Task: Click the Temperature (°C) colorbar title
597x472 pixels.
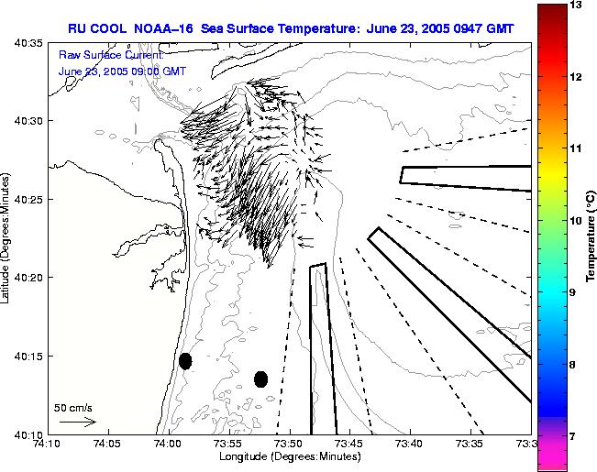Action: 591,235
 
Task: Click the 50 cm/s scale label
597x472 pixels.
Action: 72,408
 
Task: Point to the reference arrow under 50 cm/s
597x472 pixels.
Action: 77,423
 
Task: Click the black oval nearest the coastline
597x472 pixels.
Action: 185,361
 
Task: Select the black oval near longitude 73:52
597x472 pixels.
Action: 260,379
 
